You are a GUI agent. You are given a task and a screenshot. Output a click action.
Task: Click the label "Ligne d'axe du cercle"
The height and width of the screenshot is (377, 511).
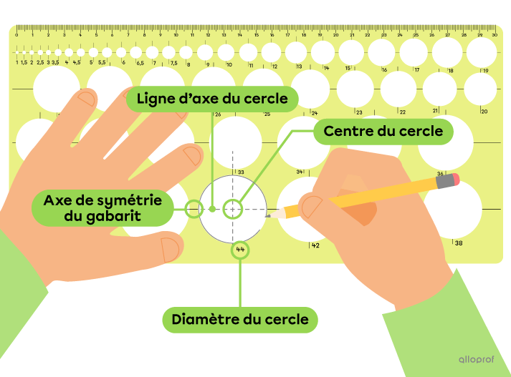pos(211,98)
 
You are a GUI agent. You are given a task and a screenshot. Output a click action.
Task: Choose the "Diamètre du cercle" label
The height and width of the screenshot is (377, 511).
pos(240,318)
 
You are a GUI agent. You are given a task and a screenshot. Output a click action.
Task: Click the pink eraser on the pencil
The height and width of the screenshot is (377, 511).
pos(449,180)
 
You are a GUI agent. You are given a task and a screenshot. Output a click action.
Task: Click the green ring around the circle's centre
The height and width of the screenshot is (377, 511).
pos(232,209)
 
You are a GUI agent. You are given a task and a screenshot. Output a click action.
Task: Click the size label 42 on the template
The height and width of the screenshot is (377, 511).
pos(315,245)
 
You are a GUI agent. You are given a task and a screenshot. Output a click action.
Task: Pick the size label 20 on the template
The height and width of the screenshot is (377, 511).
pos(484,112)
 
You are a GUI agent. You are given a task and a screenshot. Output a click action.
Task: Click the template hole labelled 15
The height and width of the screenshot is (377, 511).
pos(351,52)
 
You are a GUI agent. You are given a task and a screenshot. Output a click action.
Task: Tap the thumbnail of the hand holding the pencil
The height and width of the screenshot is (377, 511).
pos(312,207)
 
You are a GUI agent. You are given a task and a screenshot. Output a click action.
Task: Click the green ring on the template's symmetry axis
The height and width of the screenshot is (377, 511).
pos(192,209)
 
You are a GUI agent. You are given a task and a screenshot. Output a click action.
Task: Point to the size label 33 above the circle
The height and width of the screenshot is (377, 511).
pos(242,172)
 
